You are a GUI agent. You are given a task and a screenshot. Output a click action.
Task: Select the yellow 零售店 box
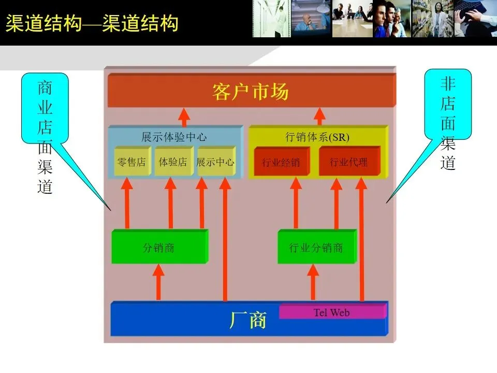(131, 162)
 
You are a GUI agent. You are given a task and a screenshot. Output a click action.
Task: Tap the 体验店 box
(173, 162)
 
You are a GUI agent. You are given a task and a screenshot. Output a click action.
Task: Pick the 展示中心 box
(215, 162)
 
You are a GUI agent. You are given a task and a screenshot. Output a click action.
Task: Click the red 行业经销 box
(281, 162)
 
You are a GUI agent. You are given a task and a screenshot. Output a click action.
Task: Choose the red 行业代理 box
(349, 162)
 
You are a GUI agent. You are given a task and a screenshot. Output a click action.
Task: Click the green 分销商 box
(158, 248)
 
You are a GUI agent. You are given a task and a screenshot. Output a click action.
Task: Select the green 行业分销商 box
(316, 248)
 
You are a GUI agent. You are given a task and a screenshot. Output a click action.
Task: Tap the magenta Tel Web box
(332, 312)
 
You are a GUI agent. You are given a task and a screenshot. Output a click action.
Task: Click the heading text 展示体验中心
(174, 137)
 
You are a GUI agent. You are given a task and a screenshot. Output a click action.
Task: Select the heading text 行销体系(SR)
(317, 137)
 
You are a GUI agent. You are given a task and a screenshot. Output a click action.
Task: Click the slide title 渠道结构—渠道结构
(92, 24)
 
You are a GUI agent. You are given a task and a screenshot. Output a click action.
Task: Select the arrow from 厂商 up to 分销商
(159, 282)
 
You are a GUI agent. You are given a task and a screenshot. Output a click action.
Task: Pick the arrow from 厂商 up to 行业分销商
(313, 282)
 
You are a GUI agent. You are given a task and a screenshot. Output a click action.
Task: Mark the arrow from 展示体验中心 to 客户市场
(185, 117)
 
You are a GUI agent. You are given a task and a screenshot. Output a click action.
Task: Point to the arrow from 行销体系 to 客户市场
(320, 117)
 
